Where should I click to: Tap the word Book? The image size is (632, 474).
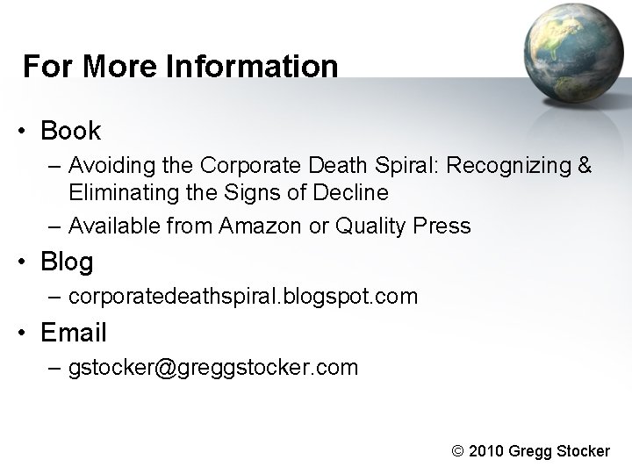click(x=71, y=132)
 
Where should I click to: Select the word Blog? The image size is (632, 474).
click(x=67, y=262)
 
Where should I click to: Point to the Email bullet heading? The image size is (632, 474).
click(x=74, y=333)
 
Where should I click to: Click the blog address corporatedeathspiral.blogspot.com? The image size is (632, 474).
click(x=242, y=297)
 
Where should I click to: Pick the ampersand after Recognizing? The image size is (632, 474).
click(x=585, y=165)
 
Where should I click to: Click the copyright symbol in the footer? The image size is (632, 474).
click(x=456, y=450)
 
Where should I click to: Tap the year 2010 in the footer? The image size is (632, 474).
click(x=487, y=450)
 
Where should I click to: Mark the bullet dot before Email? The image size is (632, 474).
click(x=28, y=334)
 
